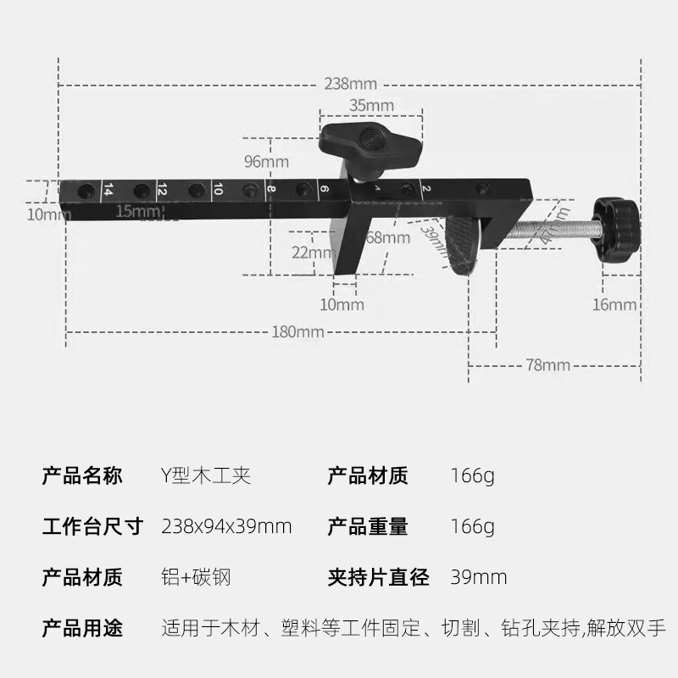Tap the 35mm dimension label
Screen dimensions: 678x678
click(x=371, y=105)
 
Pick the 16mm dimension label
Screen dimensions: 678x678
click(x=615, y=305)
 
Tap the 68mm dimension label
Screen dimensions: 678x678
click(x=387, y=238)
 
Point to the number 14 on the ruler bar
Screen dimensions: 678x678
click(x=108, y=190)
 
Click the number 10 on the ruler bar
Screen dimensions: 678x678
click(x=218, y=190)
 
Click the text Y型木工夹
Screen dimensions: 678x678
click(x=205, y=475)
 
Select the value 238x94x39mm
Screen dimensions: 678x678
click(x=226, y=526)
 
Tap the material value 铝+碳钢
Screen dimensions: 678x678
click(x=196, y=578)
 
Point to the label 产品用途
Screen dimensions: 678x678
click(x=82, y=629)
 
